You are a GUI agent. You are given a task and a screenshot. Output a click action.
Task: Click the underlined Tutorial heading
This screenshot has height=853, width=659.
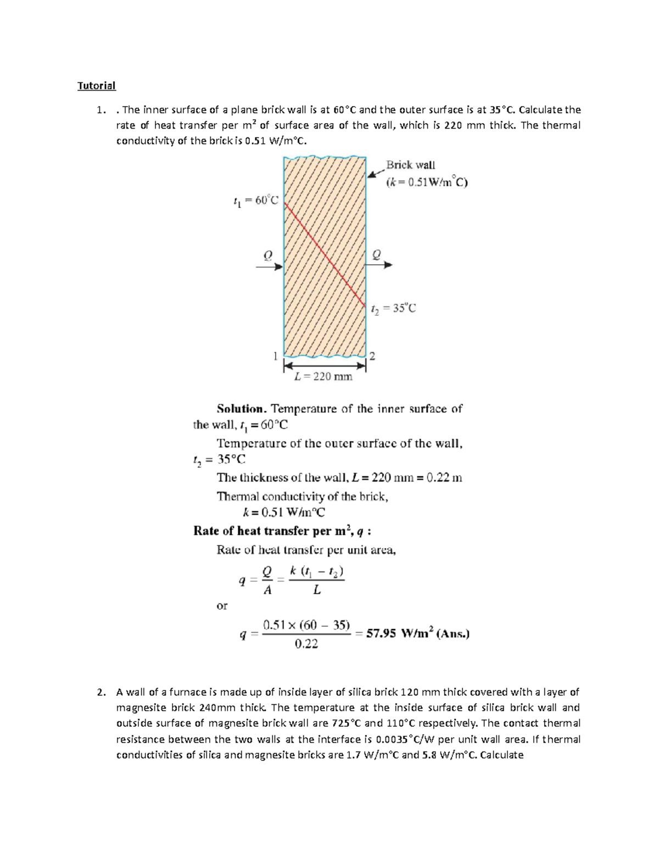point(96,86)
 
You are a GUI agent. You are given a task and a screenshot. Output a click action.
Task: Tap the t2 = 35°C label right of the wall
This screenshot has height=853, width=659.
point(393,309)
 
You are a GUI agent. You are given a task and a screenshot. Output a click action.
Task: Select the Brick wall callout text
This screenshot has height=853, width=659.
point(410,165)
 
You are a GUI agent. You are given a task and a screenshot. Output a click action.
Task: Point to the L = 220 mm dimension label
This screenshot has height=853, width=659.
point(323,377)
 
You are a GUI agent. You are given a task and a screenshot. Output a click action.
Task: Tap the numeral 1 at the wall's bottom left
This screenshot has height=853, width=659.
point(276,355)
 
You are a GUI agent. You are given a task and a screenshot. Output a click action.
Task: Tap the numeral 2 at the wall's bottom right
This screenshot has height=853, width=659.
point(372,356)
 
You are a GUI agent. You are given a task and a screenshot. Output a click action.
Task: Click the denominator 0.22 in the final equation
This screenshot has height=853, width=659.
point(306,644)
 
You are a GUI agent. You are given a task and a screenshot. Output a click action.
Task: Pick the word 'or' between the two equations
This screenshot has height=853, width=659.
point(222,606)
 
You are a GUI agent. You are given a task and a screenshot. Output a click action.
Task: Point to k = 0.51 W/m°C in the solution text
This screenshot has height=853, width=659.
point(283,512)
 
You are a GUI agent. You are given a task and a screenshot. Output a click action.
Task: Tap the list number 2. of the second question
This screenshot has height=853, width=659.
point(100,692)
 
